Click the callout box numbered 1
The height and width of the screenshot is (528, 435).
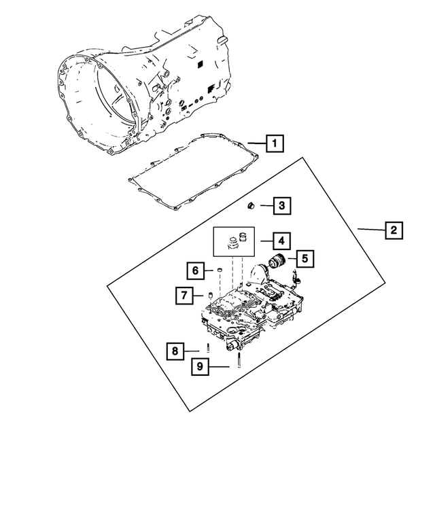(274, 143)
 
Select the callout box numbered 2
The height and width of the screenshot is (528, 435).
(391, 230)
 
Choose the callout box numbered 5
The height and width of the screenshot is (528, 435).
(303, 258)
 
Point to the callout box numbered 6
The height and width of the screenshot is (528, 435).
(194, 270)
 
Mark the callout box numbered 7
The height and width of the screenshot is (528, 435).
(184, 296)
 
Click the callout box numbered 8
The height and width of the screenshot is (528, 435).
(175, 351)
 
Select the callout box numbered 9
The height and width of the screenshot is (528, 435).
(200, 367)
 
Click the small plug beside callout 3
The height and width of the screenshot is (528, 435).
(251, 205)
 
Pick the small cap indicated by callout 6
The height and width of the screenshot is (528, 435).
(220, 271)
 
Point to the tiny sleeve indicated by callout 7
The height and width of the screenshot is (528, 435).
(210, 296)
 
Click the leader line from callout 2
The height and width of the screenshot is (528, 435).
(370, 230)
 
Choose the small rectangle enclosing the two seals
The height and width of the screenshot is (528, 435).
(234, 241)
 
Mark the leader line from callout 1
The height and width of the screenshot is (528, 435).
(256, 143)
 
